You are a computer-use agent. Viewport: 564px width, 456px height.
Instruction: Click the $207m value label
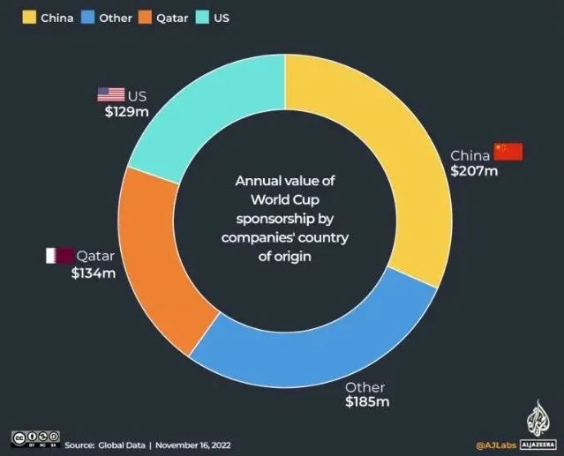(x=474, y=170)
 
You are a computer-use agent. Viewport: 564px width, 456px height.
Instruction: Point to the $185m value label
(x=367, y=402)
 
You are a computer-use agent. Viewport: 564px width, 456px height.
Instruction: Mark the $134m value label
(x=94, y=273)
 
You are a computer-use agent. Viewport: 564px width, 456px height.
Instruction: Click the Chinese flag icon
(x=508, y=151)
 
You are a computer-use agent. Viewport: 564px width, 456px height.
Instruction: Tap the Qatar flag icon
(x=58, y=257)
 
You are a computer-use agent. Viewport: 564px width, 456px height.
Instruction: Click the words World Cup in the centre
(x=284, y=196)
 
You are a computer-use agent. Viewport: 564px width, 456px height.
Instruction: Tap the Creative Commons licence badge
(x=34, y=437)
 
